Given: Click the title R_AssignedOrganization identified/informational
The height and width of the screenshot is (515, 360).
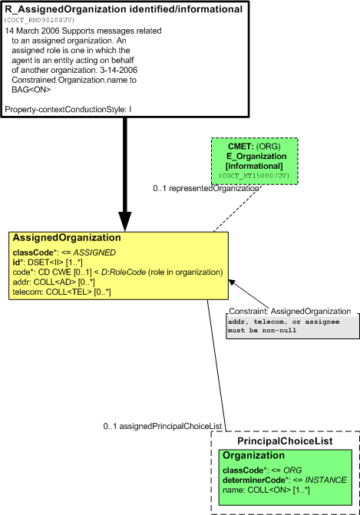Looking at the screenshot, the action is [124, 9].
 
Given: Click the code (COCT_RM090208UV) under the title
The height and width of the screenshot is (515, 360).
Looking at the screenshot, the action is [39, 21].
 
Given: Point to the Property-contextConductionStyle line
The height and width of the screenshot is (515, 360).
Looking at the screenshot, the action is [68, 110].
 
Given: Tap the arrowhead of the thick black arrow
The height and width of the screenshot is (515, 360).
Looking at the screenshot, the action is [125, 221].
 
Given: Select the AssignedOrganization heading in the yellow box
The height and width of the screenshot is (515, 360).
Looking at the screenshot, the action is [67, 237].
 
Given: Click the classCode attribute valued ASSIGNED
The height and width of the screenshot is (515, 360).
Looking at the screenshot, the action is [64, 253].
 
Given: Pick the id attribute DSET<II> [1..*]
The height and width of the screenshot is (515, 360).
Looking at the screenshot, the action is [48, 262].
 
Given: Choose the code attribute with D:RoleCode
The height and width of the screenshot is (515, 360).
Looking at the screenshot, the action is [117, 272].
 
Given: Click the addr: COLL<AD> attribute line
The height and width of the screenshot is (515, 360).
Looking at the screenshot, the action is [54, 282].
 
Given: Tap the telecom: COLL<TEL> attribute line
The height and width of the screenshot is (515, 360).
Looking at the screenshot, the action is [61, 292].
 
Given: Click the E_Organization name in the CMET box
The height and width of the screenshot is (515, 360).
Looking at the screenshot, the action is [256, 157].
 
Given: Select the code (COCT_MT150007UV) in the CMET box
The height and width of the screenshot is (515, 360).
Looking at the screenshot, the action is [255, 176].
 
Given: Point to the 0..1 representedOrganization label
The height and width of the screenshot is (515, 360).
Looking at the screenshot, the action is [206, 189].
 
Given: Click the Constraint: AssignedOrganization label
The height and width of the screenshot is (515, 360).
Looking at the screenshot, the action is [289, 312].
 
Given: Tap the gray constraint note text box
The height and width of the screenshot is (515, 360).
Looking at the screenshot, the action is [292, 327].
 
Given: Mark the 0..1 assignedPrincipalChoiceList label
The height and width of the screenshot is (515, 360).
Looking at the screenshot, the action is [163, 426].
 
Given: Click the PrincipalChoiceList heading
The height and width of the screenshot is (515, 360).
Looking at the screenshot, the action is [285, 441].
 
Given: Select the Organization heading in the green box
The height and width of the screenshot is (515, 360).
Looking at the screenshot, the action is [253, 456].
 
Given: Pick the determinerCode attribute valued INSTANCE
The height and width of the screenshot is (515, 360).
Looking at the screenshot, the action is [285, 480].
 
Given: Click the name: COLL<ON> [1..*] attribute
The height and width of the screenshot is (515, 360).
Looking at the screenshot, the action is [266, 490].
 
